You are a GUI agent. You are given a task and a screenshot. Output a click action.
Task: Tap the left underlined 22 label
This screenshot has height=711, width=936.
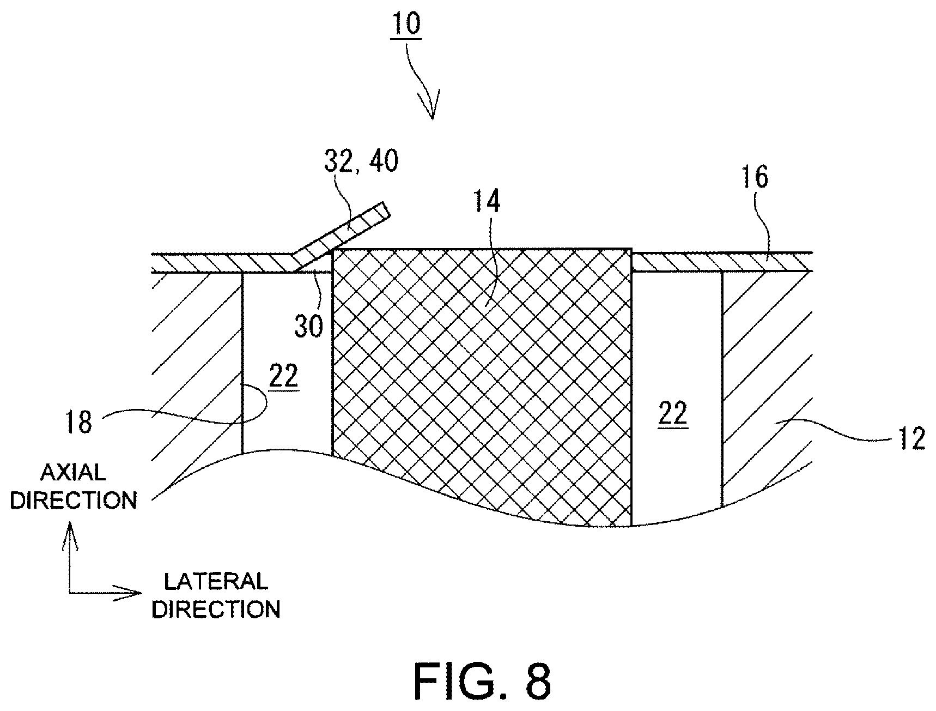(x=283, y=377)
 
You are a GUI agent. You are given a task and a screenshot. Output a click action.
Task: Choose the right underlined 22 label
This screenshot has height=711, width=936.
(x=673, y=414)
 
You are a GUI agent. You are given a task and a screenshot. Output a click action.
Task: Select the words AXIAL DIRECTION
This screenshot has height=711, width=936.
(x=74, y=486)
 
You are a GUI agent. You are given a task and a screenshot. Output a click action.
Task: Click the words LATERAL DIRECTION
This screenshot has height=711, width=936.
(x=216, y=595)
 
